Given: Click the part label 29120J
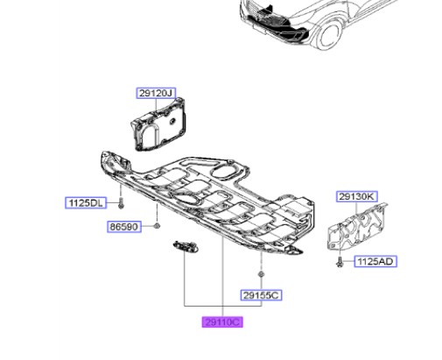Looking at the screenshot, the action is [156, 93].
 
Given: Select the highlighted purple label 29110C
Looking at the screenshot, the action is [222, 322].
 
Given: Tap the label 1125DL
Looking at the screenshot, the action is [86, 202].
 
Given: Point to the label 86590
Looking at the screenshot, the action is [124, 227].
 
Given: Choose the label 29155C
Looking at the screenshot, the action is [261, 295].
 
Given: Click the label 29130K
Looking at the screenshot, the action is [357, 196].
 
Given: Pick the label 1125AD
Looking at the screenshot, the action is [375, 261].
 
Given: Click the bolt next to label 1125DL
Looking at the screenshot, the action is [121, 202].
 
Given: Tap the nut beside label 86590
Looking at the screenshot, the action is [157, 226].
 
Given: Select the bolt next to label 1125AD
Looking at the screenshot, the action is [340, 261].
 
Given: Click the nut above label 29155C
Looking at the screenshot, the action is [261, 274].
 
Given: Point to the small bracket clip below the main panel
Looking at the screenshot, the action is [186, 246].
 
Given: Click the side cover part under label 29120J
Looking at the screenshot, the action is [159, 124].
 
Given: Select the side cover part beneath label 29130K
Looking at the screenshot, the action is [357, 226].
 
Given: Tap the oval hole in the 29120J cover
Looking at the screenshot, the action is [172, 121].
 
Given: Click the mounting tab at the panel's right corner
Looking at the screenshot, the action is [294, 250].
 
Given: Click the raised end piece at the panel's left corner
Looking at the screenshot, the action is [116, 161].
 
